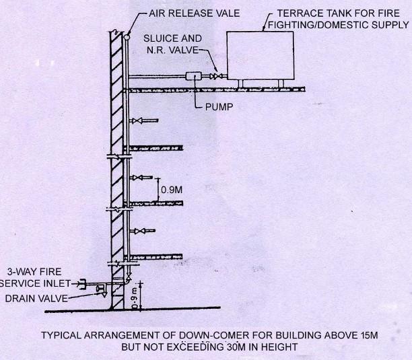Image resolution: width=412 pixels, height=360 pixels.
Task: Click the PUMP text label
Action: pos(219,107)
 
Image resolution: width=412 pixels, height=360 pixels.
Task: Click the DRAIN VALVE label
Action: pos(36,298)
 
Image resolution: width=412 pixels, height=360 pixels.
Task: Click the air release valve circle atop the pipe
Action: pos(126,38)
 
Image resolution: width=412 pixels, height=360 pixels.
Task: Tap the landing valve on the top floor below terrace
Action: pos(138,120)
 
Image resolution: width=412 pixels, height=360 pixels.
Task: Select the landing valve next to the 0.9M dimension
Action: pos(138,178)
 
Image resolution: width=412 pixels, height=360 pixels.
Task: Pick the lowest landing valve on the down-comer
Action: pos(138,231)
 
